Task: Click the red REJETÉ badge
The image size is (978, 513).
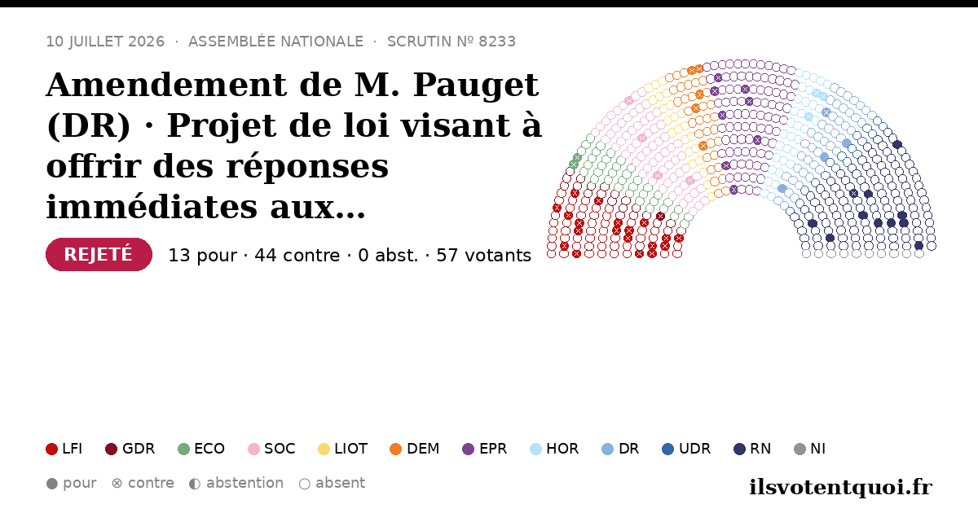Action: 99,254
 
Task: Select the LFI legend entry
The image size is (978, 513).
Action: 64,449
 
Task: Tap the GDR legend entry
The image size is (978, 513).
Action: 130,449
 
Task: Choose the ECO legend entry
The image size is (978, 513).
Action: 201,449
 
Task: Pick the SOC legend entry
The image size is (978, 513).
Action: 271,449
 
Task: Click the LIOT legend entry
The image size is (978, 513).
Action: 343,449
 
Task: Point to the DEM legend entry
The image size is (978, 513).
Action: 414,449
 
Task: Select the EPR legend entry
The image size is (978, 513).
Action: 485,449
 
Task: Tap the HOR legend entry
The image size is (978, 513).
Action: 554,449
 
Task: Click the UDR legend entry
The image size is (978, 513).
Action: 686,449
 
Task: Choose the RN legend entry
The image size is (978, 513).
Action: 752,449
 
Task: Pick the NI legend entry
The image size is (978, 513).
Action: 810,449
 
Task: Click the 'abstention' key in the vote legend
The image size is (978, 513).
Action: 236,484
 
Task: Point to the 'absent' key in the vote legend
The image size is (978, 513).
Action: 332,484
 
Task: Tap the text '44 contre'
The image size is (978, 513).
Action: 297,255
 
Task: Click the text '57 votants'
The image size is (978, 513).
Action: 484,255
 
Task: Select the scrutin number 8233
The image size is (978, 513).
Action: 497,42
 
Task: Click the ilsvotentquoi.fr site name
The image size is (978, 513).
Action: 840,487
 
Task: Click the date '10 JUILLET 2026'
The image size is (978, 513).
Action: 105,42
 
